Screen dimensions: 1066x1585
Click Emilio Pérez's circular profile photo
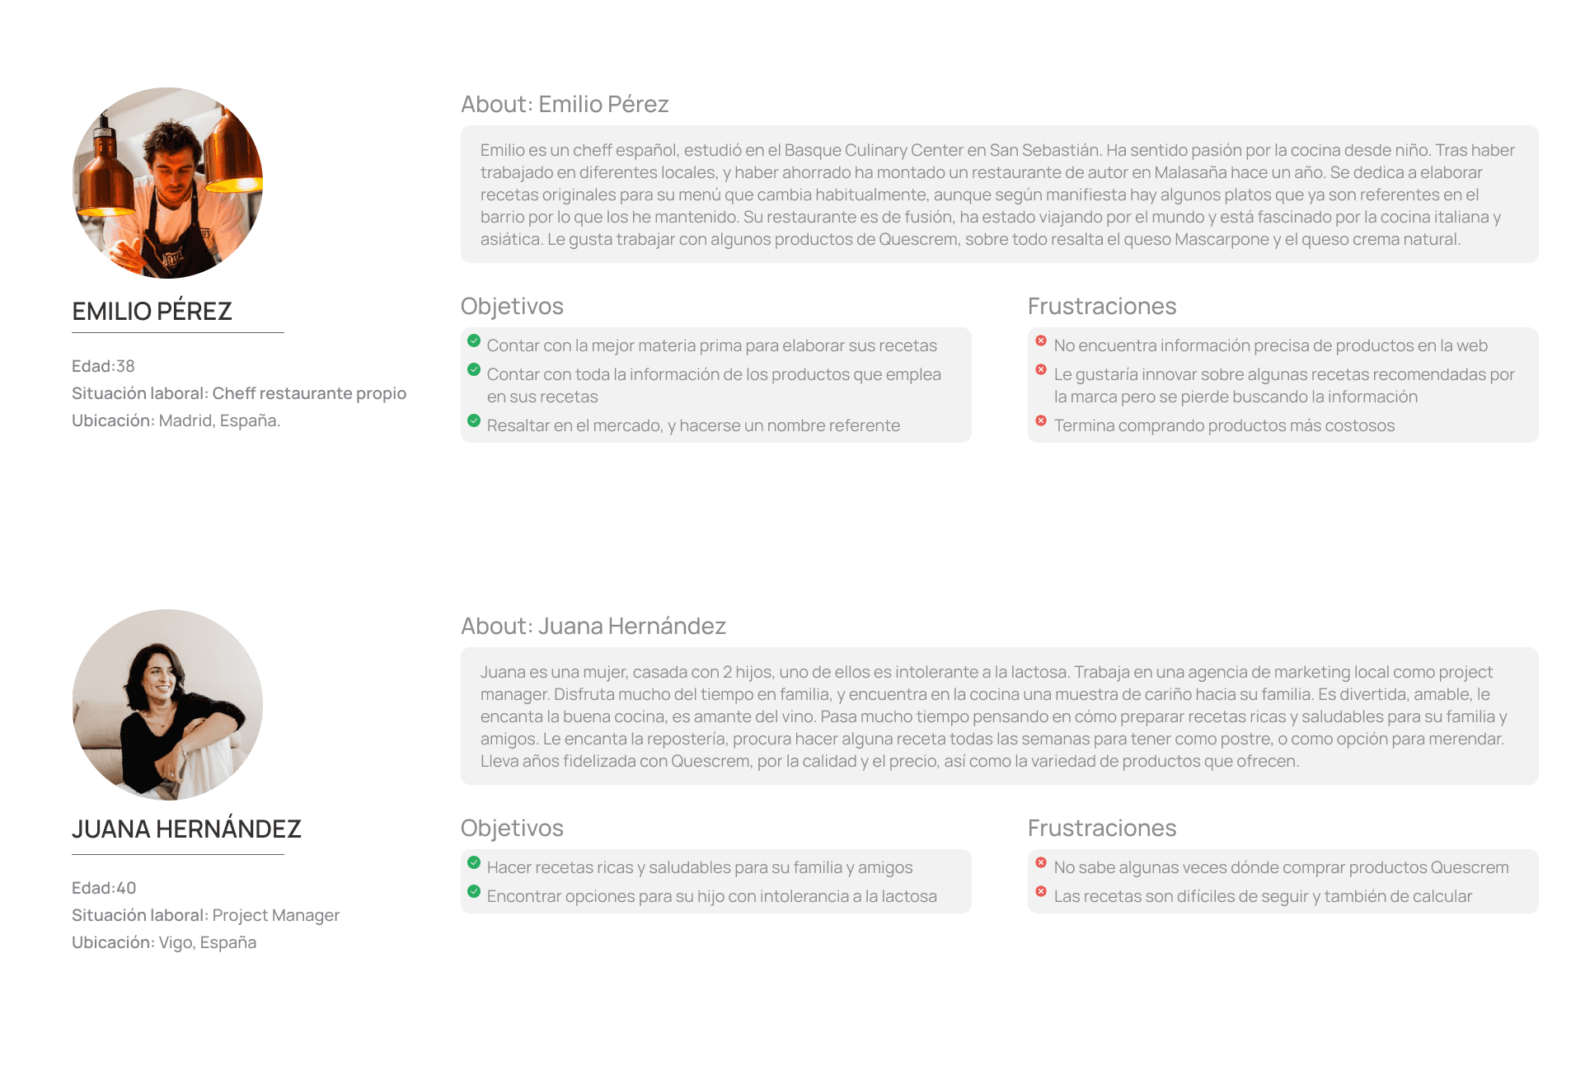click(x=167, y=183)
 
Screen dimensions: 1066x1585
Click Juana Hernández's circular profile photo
click(x=167, y=705)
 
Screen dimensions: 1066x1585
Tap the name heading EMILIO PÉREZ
click(x=152, y=312)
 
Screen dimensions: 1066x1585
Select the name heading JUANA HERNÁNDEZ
click(x=186, y=829)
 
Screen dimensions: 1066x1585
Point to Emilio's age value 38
click(x=125, y=366)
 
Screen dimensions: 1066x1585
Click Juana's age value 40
click(x=126, y=888)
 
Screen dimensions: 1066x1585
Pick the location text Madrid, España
click(x=219, y=420)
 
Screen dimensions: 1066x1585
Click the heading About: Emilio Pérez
click(x=565, y=105)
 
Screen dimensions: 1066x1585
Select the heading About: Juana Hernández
click(x=593, y=627)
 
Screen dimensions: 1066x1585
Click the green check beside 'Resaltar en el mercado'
click(x=474, y=420)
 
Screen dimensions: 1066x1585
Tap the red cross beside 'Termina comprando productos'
click(x=1041, y=420)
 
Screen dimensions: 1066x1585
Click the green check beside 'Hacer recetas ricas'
click(x=474, y=862)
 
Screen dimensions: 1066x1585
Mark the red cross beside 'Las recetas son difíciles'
click(x=1041, y=891)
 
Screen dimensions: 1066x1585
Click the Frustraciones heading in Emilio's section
click(x=1102, y=307)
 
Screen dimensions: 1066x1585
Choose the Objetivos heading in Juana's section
click(x=512, y=829)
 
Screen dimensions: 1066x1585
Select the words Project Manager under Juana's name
click(x=276, y=915)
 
